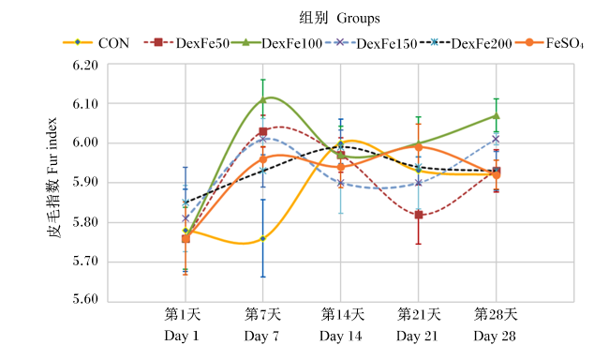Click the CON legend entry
(x=97, y=43)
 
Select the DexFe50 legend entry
(x=186, y=43)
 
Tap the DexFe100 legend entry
(x=277, y=43)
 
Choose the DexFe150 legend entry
(x=371, y=43)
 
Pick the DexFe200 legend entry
(x=466, y=43)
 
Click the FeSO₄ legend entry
(x=549, y=43)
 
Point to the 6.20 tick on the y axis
(x=85, y=65)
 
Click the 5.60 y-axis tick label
(x=85, y=298)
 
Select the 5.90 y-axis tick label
(x=85, y=182)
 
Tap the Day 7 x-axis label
(x=262, y=336)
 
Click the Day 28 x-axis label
(x=495, y=336)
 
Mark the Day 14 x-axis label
(x=341, y=336)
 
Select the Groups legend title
(x=359, y=18)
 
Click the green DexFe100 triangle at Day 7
(x=263, y=99)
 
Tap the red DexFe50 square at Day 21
(x=418, y=215)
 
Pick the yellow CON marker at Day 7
(x=263, y=238)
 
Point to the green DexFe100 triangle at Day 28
(x=496, y=115)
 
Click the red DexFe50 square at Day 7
(x=263, y=131)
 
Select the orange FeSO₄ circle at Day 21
(x=418, y=147)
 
